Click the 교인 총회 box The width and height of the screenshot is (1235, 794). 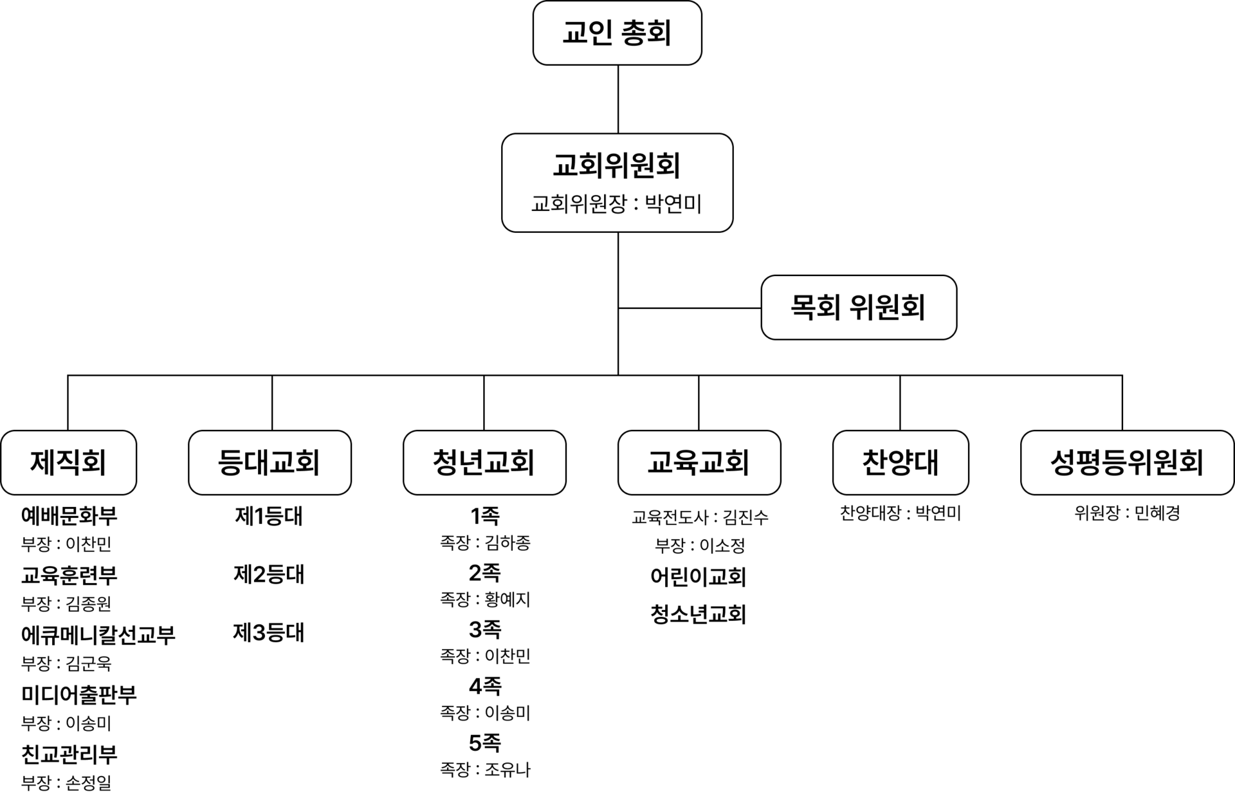pyautogui.click(x=617, y=32)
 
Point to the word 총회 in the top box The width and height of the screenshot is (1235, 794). pyautogui.click(x=646, y=33)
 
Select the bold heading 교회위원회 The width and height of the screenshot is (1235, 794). pyautogui.click(x=617, y=165)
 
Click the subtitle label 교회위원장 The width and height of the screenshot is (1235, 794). pyautogui.click(x=578, y=204)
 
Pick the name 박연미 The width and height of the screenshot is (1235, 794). pyautogui.click(x=673, y=204)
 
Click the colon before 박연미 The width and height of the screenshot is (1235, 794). pyautogui.click(x=636, y=205)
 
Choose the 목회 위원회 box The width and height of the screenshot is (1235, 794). pyautogui.click(x=858, y=307)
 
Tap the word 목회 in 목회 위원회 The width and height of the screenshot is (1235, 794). pyautogui.click(x=815, y=307)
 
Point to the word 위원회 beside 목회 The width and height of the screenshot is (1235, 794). pyautogui.click(x=887, y=307)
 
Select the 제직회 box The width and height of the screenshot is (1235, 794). pyautogui.click(x=68, y=462)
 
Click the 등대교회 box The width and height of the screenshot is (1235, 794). pyautogui.click(x=270, y=462)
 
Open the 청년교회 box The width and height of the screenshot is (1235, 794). pyautogui.click(x=484, y=462)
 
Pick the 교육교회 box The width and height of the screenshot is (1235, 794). pyautogui.click(x=699, y=462)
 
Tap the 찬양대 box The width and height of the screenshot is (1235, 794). pyautogui.click(x=901, y=462)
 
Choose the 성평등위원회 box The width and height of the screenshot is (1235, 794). pyautogui.click(x=1127, y=462)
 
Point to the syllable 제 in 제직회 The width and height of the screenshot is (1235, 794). pyautogui.click(x=42, y=462)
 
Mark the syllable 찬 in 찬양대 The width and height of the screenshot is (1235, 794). pyautogui.click(x=875, y=462)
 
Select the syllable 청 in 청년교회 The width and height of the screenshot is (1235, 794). pyautogui.click(x=445, y=462)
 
